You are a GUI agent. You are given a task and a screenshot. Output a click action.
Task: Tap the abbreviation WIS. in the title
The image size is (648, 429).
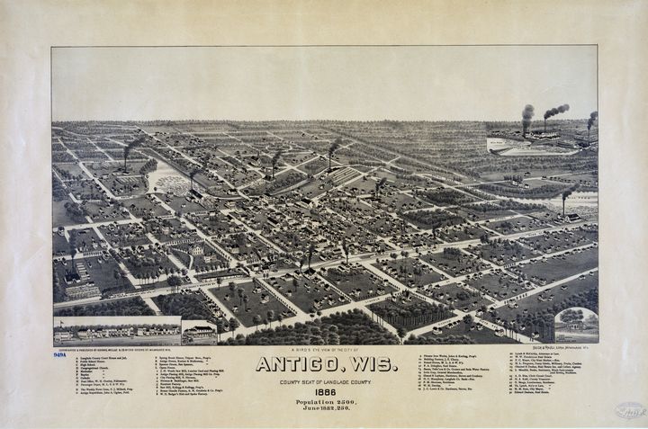click(373, 364)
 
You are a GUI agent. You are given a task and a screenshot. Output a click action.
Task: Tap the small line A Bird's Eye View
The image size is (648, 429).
click(324, 351)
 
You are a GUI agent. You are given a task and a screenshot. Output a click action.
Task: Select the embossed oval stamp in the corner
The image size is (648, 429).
click(630, 410)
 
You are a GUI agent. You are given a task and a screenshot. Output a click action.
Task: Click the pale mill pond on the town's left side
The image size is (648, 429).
click(168, 179)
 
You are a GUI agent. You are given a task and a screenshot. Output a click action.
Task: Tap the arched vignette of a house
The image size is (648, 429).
click(576, 326)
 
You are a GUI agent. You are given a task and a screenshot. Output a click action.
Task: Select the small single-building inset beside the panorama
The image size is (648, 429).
click(199, 332)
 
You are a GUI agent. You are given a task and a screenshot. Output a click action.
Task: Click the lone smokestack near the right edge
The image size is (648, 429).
click(565, 196)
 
